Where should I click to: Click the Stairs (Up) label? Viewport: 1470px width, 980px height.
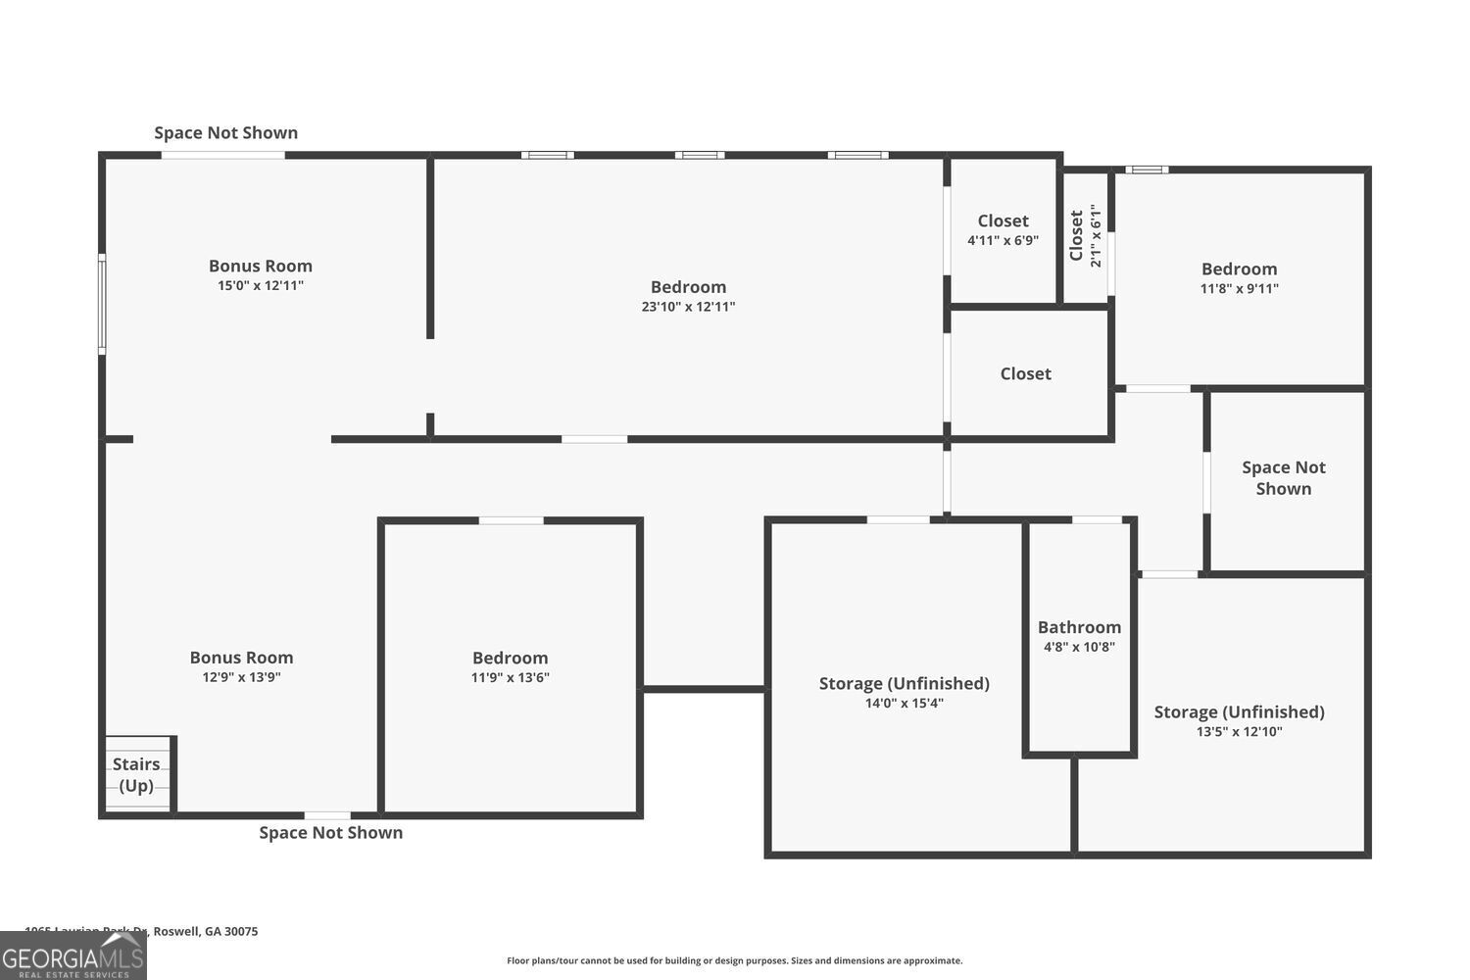[x=136, y=774]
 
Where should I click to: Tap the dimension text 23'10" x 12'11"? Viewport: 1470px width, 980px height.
[x=688, y=307]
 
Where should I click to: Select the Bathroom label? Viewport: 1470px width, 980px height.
[x=1079, y=627]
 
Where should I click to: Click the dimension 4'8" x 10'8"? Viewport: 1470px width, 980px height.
[x=1079, y=647]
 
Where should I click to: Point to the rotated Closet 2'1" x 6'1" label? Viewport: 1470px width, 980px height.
[x=1085, y=235]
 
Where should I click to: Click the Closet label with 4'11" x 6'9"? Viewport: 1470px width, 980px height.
[x=1003, y=221]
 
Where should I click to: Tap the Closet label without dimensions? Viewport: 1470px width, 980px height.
[x=1025, y=373]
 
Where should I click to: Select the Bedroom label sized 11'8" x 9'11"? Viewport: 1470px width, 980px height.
[x=1239, y=269]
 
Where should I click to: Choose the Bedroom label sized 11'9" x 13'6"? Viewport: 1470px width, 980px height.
[x=510, y=659]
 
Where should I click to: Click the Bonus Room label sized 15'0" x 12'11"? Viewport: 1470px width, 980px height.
[x=261, y=266]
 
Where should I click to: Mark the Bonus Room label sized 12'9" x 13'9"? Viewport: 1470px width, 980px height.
[x=241, y=658]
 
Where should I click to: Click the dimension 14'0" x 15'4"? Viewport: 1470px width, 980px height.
[x=904, y=703]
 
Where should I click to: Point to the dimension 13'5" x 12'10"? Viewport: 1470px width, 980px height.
[x=1239, y=731]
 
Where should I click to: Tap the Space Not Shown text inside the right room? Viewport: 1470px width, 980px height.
[x=1283, y=478]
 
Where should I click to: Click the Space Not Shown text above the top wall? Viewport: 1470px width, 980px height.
[x=225, y=132]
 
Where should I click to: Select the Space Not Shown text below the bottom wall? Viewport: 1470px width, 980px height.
[x=330, y=832]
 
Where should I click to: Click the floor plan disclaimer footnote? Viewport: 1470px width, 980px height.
[x=734, y=960]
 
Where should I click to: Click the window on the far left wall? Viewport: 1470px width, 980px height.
[x=102, y=304]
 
